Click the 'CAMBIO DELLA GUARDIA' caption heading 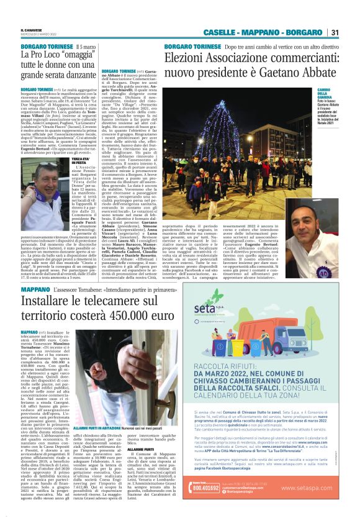[x=325, y=95]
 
